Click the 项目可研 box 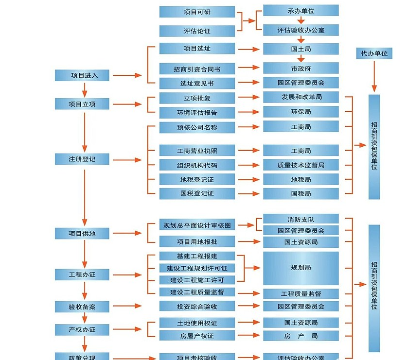click(197, 12)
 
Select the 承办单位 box click(301, 10)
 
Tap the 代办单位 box click(374, 53)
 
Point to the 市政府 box click(301, 69)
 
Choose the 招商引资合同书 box click(197, 69)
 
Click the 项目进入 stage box click(84, 75)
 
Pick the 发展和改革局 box click(301, 97)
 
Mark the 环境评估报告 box click(197, 113)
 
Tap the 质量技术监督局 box click(301, 165)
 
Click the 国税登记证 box click(197, 193)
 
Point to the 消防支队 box click(301, 219)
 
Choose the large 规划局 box click(301, 268)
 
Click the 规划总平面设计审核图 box click(197, 225)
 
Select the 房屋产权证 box click(197, 336)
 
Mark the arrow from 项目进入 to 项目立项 click(84, 89)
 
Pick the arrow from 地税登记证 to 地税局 click(248, 180)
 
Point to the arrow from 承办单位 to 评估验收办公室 click(301, 20)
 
